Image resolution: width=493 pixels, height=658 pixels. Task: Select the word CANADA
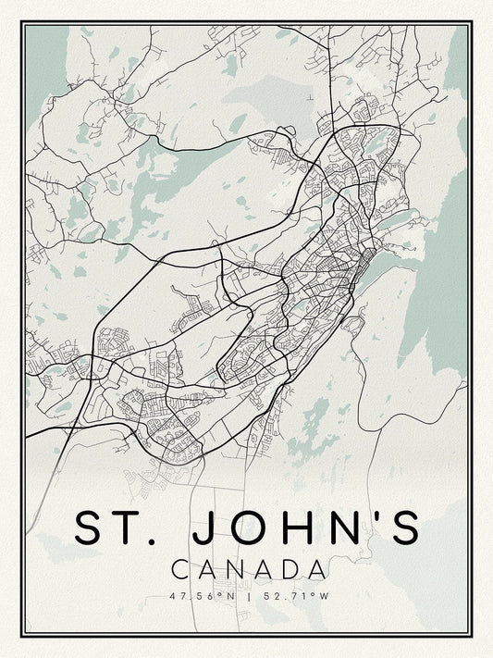[x=248, y=567]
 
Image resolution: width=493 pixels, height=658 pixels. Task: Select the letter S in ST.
[x=92, y=527]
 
